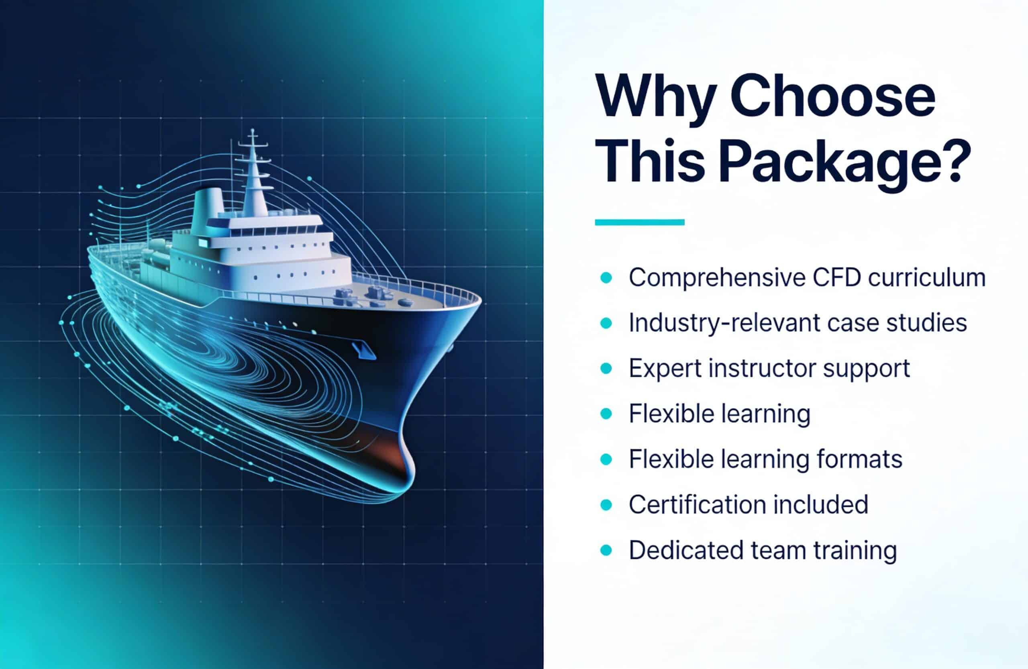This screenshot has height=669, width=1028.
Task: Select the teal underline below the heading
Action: coord(640,222)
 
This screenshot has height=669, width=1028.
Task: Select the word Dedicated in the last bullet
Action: coord(686,550)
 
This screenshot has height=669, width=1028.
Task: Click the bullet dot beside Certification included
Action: coord(606,504)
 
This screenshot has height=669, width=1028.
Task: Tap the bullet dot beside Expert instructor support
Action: coord(606,368)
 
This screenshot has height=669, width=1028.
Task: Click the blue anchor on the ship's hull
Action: coord(363,350)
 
